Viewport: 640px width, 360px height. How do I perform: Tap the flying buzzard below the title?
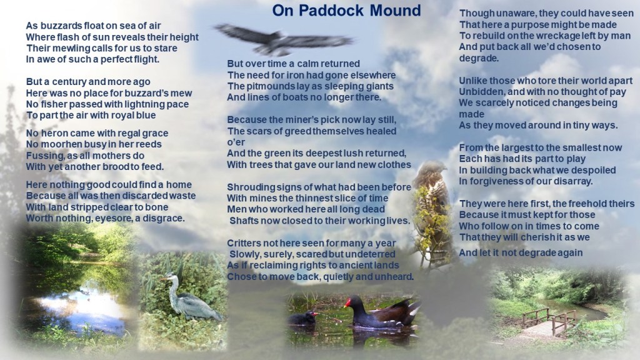click(x=282, y=40)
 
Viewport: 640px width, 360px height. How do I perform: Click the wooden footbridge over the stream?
click(x=547, y=322)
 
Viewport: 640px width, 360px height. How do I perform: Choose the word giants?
click(x=379, y=86)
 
